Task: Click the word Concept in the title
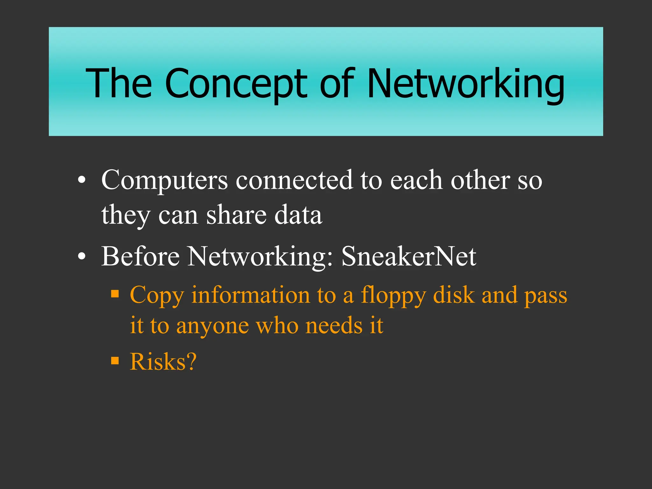(x=236, y=83)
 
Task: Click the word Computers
(x=164, y=181)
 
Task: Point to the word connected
(x=294, y=181)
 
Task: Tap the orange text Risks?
(x=163, y=362)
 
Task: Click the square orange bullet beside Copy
(x=115, y=293)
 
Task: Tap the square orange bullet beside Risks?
(x=115, y=361)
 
